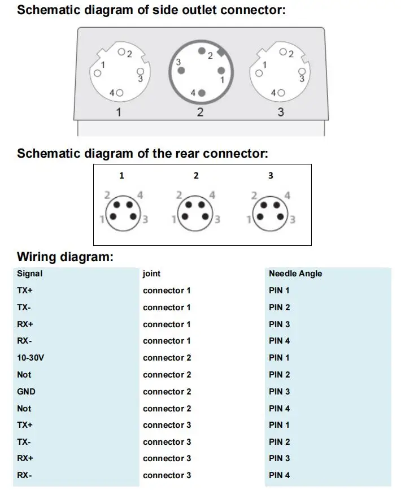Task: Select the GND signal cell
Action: coord(26,391)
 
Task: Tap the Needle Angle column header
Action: coord(295,274)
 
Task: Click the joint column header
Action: coord(151,274)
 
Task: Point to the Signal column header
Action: coord(29,274)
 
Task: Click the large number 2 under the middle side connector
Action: coord(200,112)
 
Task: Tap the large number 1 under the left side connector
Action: coord(119,112)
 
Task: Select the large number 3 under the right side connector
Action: coord(281,112)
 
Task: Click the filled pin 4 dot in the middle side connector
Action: coord(202,93)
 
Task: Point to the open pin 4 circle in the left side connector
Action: coord(120,92)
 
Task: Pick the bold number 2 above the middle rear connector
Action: coord(196,176)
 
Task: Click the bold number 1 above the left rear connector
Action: coord(121,176)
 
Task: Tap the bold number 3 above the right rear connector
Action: coord(271,176)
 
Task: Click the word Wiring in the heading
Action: coord(37,257)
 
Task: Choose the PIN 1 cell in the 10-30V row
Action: coord(279,358)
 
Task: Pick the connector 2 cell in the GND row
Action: coord(167,391)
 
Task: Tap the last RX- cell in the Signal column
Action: coord(24,475)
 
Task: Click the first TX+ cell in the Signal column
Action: coord(25,290)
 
